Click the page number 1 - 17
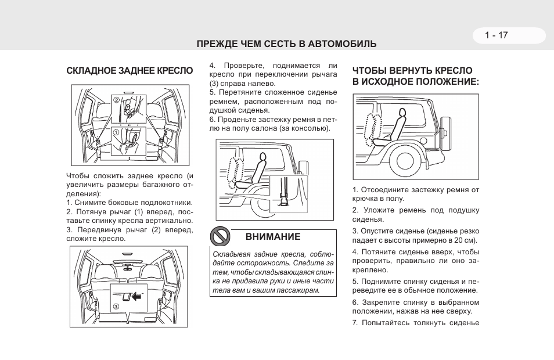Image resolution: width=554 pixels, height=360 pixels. (497, 35)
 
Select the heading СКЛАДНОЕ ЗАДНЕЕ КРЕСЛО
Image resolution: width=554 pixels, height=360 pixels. (129, 71)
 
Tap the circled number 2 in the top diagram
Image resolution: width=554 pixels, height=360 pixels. (116, 100)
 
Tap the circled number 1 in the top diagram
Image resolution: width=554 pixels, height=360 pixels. (116, 132)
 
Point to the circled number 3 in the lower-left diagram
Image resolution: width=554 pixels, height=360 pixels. (116, 306)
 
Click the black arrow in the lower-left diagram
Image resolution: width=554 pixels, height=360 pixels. (136, 297)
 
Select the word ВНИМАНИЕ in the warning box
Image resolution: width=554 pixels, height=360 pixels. (272, 237)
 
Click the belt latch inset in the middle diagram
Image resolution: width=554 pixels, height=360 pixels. (285, 193)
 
